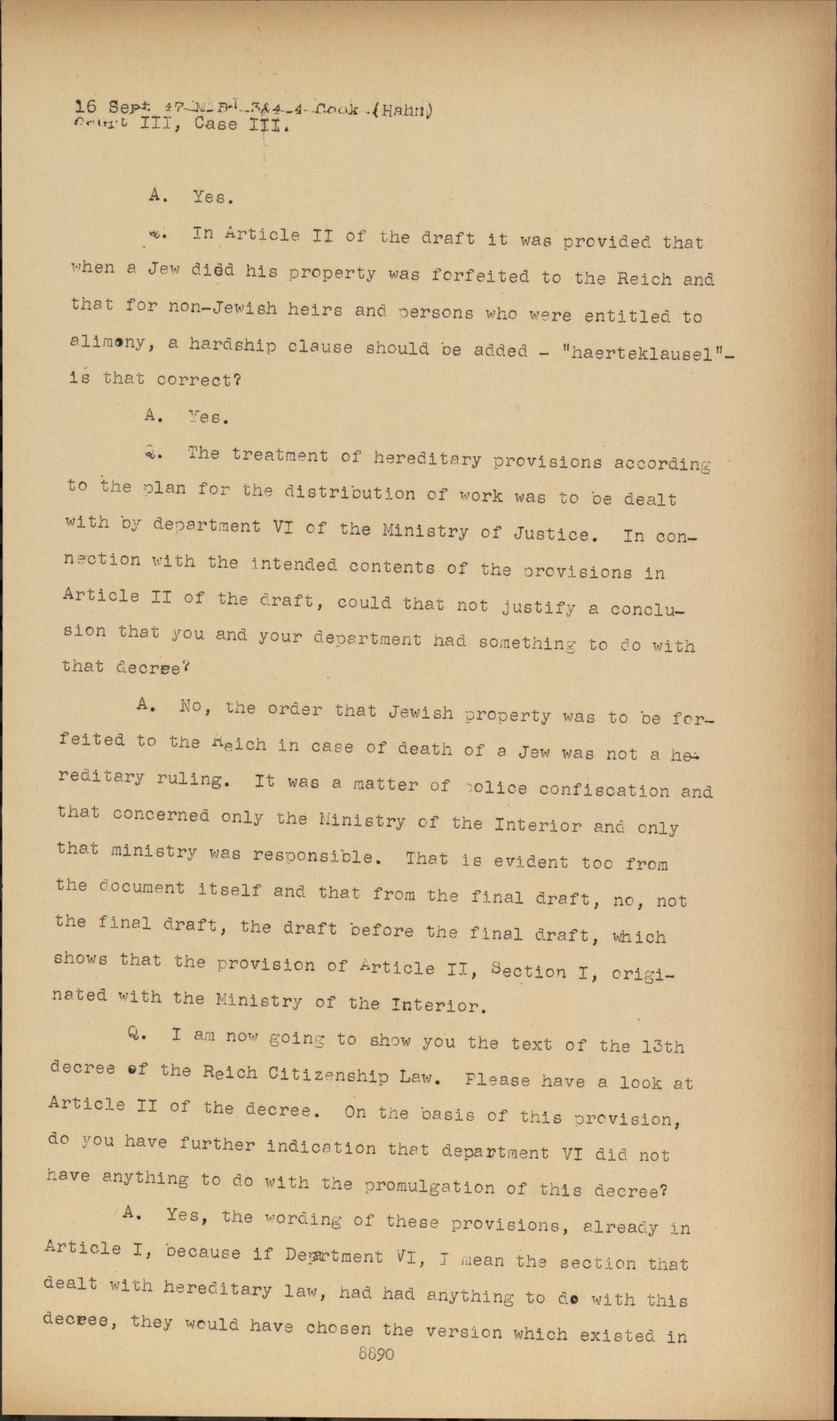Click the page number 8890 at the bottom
pyautogui.click(x=375, y=1354)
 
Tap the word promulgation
pyautogui.click(x=429, y=1187)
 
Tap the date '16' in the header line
pyautogui.click(x=86, y=107)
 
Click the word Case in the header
pyautogui.click(x=215, y=124)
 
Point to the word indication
pyautogui.click(x=321, y=1147)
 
